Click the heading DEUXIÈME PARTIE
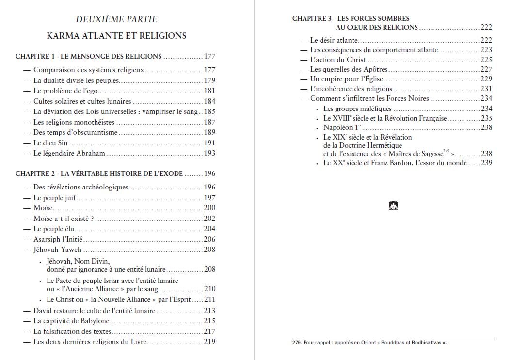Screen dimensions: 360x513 [x=116, y=19]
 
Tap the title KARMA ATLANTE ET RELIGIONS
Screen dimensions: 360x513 [x=116, y=36]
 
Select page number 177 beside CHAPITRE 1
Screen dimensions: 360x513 [x=209, y=56]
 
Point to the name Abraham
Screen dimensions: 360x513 [x=91, y=154]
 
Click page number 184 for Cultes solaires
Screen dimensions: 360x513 [x=209, y=101]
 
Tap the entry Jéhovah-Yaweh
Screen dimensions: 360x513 [x=57, y=250]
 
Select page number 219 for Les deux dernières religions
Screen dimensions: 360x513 [x=209, y=342]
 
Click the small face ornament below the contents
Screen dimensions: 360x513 [x=393, y=205]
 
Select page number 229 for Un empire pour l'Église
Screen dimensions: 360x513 [x=486, y=79]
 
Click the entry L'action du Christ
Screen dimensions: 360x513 [x=338, y=60]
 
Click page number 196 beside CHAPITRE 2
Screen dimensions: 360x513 [x=209, y=174]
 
